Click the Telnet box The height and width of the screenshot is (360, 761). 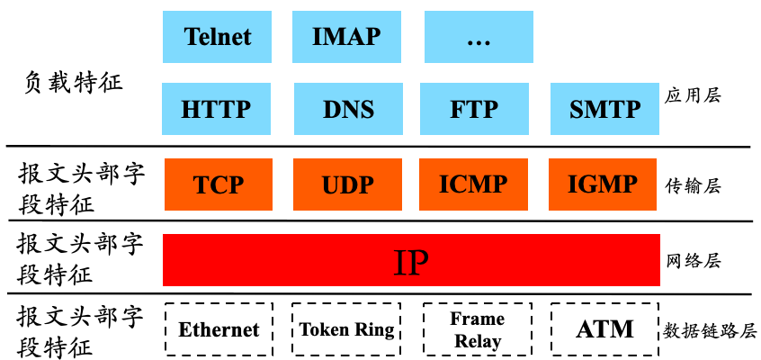(x=218, y=37)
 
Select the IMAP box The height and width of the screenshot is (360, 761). (x=346, y=37)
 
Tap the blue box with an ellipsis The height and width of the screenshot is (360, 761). (x=478, y=37)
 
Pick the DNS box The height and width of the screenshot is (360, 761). (x=347, y=109)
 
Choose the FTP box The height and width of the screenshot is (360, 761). (x=474, y=109)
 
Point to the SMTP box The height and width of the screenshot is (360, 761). (x=604, y=109)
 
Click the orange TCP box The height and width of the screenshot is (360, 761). (x=219, y=184)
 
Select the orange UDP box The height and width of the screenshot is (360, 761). (x=346, y=184)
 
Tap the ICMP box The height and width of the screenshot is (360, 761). (x=473, y=184)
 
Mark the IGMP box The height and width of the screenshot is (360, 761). (x=603, y=184)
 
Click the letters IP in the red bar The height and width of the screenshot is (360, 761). (x=411, y=261)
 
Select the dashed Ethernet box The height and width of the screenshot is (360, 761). (x=219, y=329)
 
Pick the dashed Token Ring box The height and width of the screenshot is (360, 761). (x=346, y=329)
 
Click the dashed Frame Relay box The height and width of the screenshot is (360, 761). (x=478, y=329)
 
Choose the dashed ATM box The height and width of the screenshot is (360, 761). (x=604, y=329)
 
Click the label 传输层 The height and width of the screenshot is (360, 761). (x=693, y=186)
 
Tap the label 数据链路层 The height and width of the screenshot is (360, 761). (x=706, y=329)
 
